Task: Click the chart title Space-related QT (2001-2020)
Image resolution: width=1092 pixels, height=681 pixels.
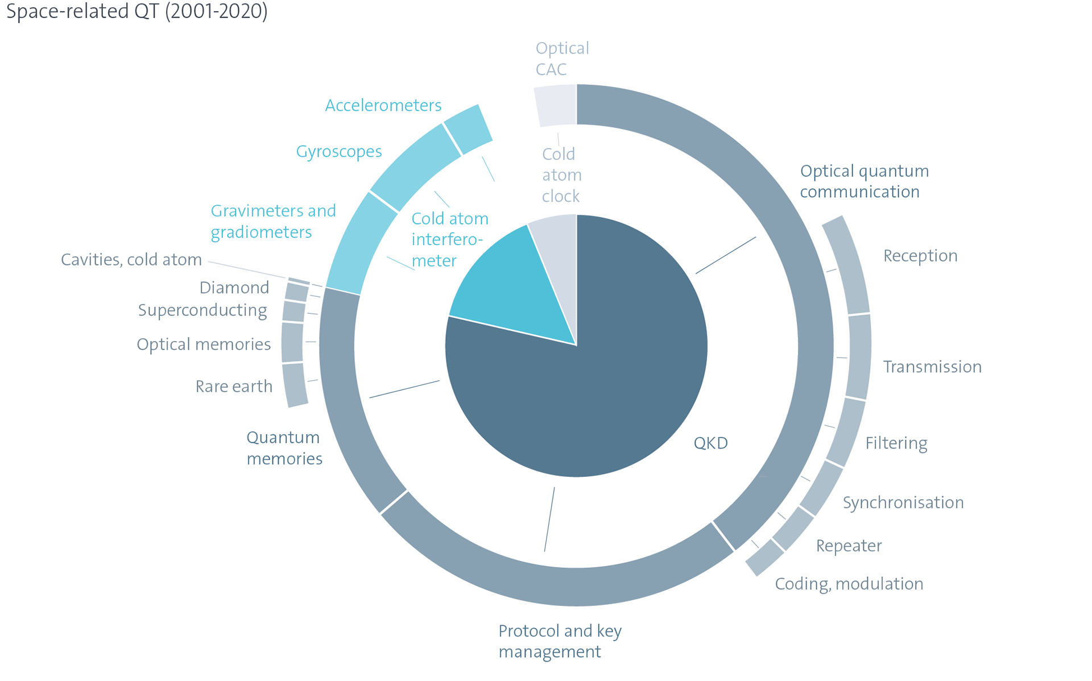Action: (136, 11)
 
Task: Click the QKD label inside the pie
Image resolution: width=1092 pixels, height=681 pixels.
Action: (710, 443)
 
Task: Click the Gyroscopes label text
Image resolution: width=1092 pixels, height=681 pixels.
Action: (339, 152)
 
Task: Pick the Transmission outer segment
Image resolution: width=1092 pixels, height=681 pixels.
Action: (859, 356)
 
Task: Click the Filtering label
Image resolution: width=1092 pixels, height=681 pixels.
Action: (896, 443)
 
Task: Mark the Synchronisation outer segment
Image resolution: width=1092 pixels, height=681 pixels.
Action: (822, 488)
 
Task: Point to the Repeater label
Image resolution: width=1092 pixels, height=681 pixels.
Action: (849, 546)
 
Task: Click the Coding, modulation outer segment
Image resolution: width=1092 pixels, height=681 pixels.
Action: (765, 557)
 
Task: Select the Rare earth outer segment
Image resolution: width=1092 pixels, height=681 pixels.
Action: (295, 385)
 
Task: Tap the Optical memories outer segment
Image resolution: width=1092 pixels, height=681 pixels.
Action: (292, 342)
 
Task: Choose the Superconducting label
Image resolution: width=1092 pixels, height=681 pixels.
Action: (202, 310)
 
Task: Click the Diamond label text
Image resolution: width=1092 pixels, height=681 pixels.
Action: (234, 288)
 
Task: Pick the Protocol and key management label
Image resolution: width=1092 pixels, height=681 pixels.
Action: (560, 641)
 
